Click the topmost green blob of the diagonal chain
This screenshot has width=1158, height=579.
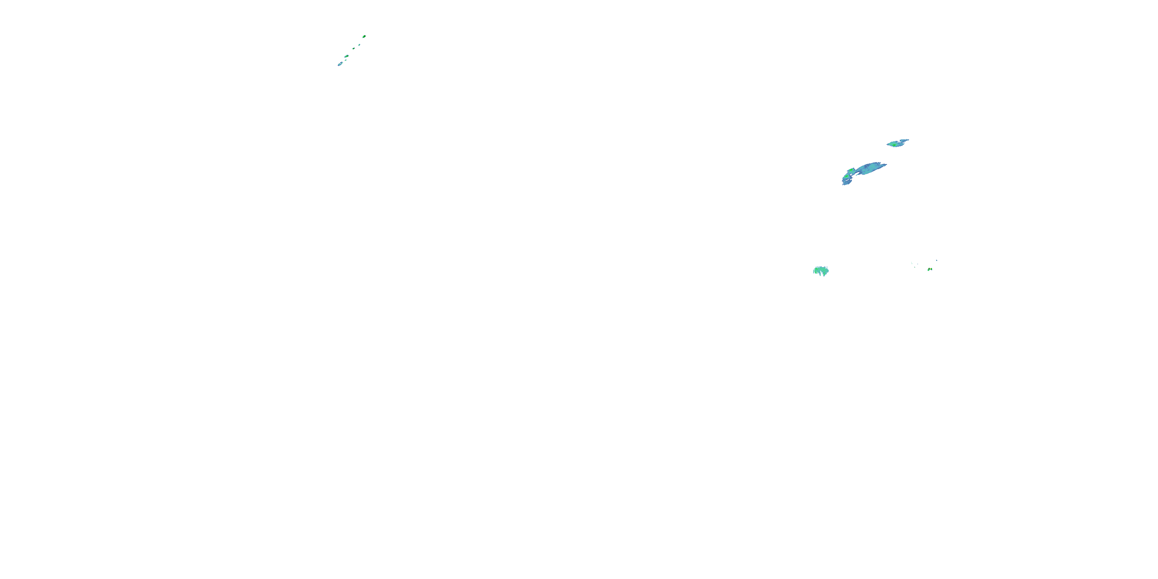coord(364,36)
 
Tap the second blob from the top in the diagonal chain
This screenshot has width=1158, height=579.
coord(360,45)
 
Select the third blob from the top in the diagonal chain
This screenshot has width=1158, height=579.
coord(354,49)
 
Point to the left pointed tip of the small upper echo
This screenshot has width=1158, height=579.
coord(887,145)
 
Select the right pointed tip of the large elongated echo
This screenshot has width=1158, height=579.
coord(886,164)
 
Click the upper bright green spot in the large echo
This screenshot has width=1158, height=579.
coord(852,170)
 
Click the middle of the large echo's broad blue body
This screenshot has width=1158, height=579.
coord(870,169)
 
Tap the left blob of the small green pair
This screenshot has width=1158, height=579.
coord(929,270)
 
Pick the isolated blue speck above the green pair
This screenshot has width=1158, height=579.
coord(937,261)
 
